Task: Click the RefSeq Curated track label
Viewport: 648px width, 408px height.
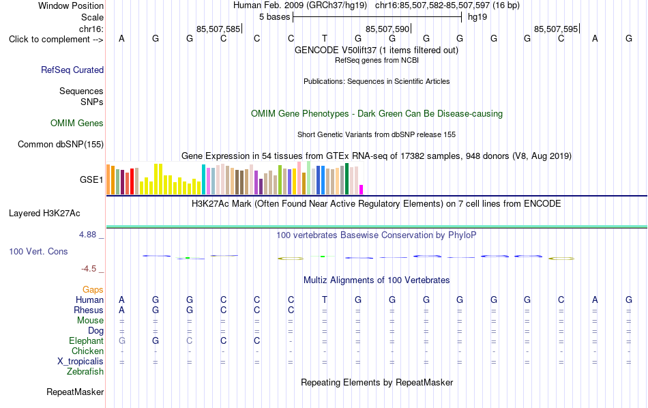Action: [72, 70]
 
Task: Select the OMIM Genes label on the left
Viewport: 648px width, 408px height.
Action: [77, 123]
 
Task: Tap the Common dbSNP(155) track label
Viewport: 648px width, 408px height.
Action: [61, 144]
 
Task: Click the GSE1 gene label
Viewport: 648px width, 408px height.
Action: [91, 179]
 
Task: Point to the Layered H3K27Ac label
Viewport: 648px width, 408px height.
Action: [44, 214]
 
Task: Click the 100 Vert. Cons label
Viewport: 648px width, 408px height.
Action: [38, 251]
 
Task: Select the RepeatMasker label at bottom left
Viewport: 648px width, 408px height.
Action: [75, 392]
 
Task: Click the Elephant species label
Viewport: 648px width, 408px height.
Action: [87, 341]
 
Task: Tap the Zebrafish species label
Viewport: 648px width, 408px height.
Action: [85, 372]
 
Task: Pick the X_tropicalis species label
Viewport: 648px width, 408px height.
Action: [80, 362]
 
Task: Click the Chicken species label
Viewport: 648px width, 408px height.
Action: [87, 351]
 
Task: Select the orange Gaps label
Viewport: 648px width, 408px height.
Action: [93, 290]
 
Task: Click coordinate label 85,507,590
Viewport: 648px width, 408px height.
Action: [387, 29]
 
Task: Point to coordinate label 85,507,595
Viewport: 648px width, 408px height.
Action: [556, 29]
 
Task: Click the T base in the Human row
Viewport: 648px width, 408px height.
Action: [325, 300]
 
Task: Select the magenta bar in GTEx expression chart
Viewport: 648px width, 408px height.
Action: [362, 190]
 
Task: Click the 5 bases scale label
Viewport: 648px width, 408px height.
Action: [275, 17]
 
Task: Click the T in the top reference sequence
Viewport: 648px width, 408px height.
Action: [325, 38]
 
